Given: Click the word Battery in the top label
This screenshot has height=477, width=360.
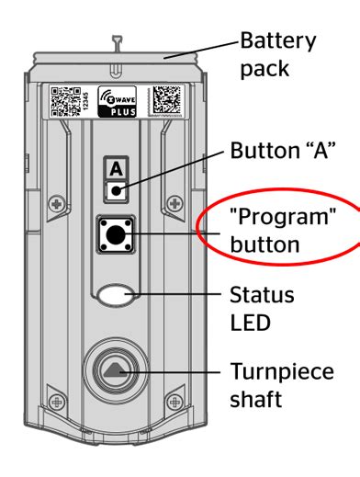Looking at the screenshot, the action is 276,41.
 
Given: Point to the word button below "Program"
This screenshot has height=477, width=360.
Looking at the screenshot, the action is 264,245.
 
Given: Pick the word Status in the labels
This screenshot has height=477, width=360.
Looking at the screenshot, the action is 262,296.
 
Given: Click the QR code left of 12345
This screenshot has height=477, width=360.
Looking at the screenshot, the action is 67,101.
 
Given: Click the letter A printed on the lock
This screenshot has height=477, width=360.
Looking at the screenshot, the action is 116,169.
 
